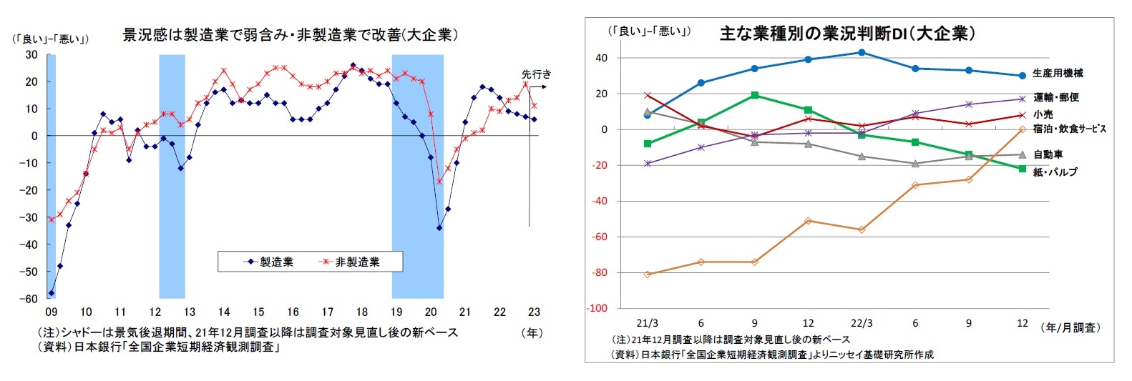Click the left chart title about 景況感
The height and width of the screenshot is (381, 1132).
290,35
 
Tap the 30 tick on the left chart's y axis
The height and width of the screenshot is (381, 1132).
31,54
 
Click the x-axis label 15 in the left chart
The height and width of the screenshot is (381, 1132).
258,312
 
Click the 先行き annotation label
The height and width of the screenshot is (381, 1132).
536,74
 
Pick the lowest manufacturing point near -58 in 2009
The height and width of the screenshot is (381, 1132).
52,293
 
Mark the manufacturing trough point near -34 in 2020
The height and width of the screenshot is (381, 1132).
439,228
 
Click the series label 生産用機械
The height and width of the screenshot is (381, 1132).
1058,73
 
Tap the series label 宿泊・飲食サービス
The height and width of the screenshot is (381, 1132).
1069,129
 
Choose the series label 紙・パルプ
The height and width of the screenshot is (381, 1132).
1055,172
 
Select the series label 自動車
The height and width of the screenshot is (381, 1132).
1048,154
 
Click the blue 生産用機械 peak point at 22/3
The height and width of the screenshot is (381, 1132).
862,52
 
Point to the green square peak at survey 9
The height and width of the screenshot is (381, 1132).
755,95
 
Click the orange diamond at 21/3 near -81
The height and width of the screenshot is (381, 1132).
648,274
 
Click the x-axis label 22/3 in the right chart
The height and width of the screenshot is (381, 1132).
862,323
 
